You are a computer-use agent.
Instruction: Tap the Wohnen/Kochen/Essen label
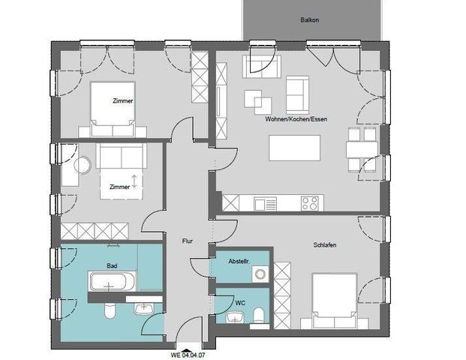(296, 119)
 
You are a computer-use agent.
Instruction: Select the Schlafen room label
(325, 244)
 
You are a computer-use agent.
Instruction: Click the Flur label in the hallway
(188, 241)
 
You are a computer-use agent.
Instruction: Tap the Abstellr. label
(239, 260)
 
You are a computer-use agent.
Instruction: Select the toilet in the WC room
(259, 313)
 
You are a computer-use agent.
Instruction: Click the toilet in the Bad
(110, 310)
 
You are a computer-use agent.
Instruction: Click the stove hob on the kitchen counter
(309, 202)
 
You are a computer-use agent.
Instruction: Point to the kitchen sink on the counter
(265, 202)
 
